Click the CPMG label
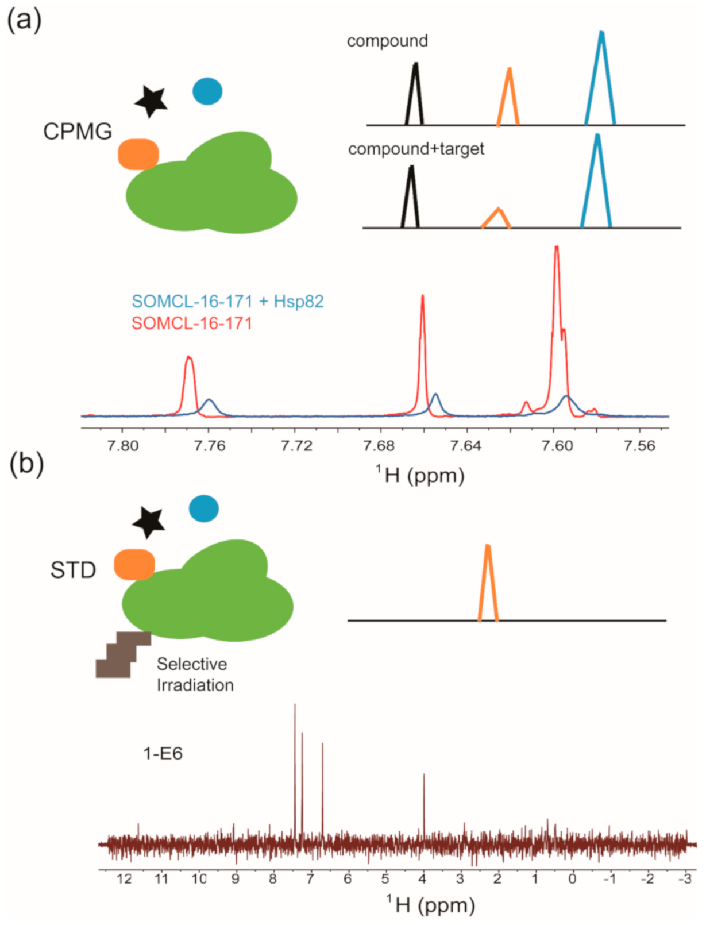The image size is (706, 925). (78, 132)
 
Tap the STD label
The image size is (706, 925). (73, 570)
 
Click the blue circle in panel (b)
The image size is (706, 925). (204, 509)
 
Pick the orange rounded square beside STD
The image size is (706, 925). (134, 564)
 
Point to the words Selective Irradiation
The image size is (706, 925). (195, 675)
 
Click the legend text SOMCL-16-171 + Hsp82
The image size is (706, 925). (227, 301)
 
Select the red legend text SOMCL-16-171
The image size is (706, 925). (192, 323)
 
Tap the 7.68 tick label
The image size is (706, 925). (379, 446)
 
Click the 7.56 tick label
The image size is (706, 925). (639, 446)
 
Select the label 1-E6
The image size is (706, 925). (163, 753)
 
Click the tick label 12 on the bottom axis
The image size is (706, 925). (124, 879)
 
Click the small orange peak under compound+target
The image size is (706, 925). (497, 217)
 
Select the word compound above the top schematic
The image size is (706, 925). (387, 41)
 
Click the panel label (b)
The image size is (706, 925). (26, 464)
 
